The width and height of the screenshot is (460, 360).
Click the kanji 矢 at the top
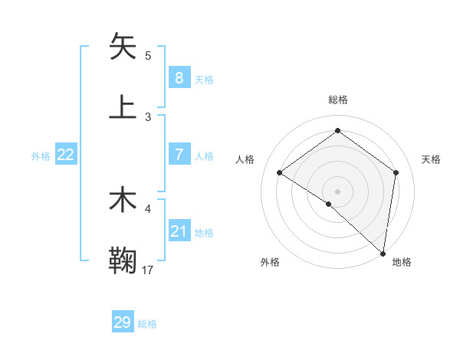123,47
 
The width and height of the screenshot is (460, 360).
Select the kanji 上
123,107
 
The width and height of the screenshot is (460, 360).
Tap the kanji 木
123,201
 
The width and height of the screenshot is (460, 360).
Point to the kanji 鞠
123,261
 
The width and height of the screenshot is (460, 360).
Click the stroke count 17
148,270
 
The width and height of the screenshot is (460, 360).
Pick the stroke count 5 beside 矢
148,56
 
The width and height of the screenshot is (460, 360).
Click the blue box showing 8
179,77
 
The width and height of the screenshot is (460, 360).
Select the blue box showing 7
179,155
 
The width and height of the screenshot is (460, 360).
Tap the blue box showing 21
179,231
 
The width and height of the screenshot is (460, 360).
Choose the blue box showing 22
66,155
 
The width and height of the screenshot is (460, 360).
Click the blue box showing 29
123,322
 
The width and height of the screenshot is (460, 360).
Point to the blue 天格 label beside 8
204,79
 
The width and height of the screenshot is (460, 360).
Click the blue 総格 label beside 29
148,324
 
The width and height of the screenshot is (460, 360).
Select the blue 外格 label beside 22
41,156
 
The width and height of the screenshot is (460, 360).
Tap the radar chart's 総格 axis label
337,100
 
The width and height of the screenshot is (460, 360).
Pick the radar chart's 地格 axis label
402,263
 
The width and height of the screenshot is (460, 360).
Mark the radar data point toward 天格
396,172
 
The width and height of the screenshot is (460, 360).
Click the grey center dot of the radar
337,190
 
